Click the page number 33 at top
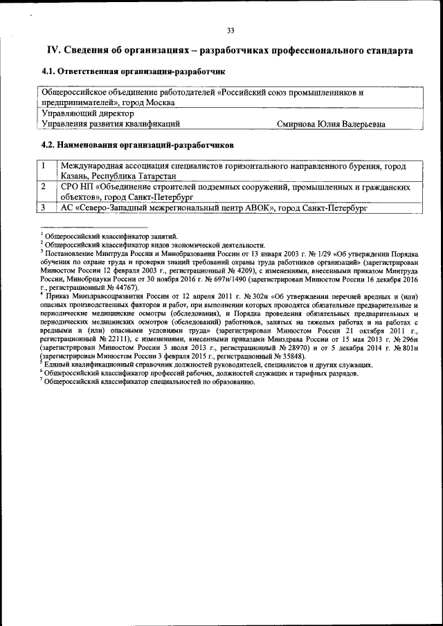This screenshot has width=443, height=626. [230, 29]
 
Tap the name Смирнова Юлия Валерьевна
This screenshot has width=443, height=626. [331, 125]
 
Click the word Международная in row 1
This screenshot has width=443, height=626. [95, 167]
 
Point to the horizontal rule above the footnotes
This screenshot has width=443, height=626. [93, 227]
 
